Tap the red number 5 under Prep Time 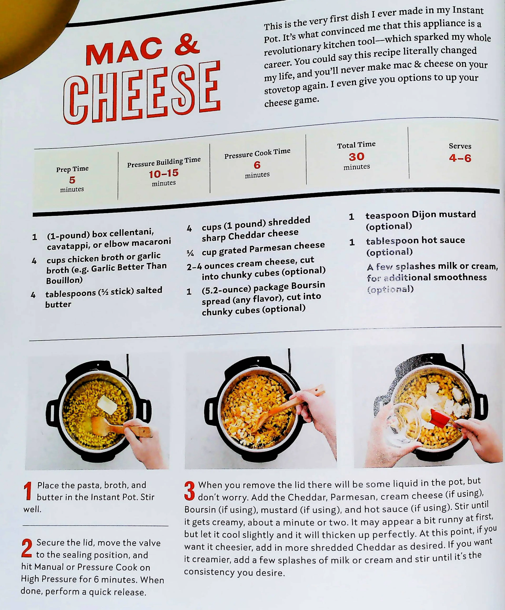72,180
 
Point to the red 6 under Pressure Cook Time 257,165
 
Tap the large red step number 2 27,548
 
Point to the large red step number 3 190,491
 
